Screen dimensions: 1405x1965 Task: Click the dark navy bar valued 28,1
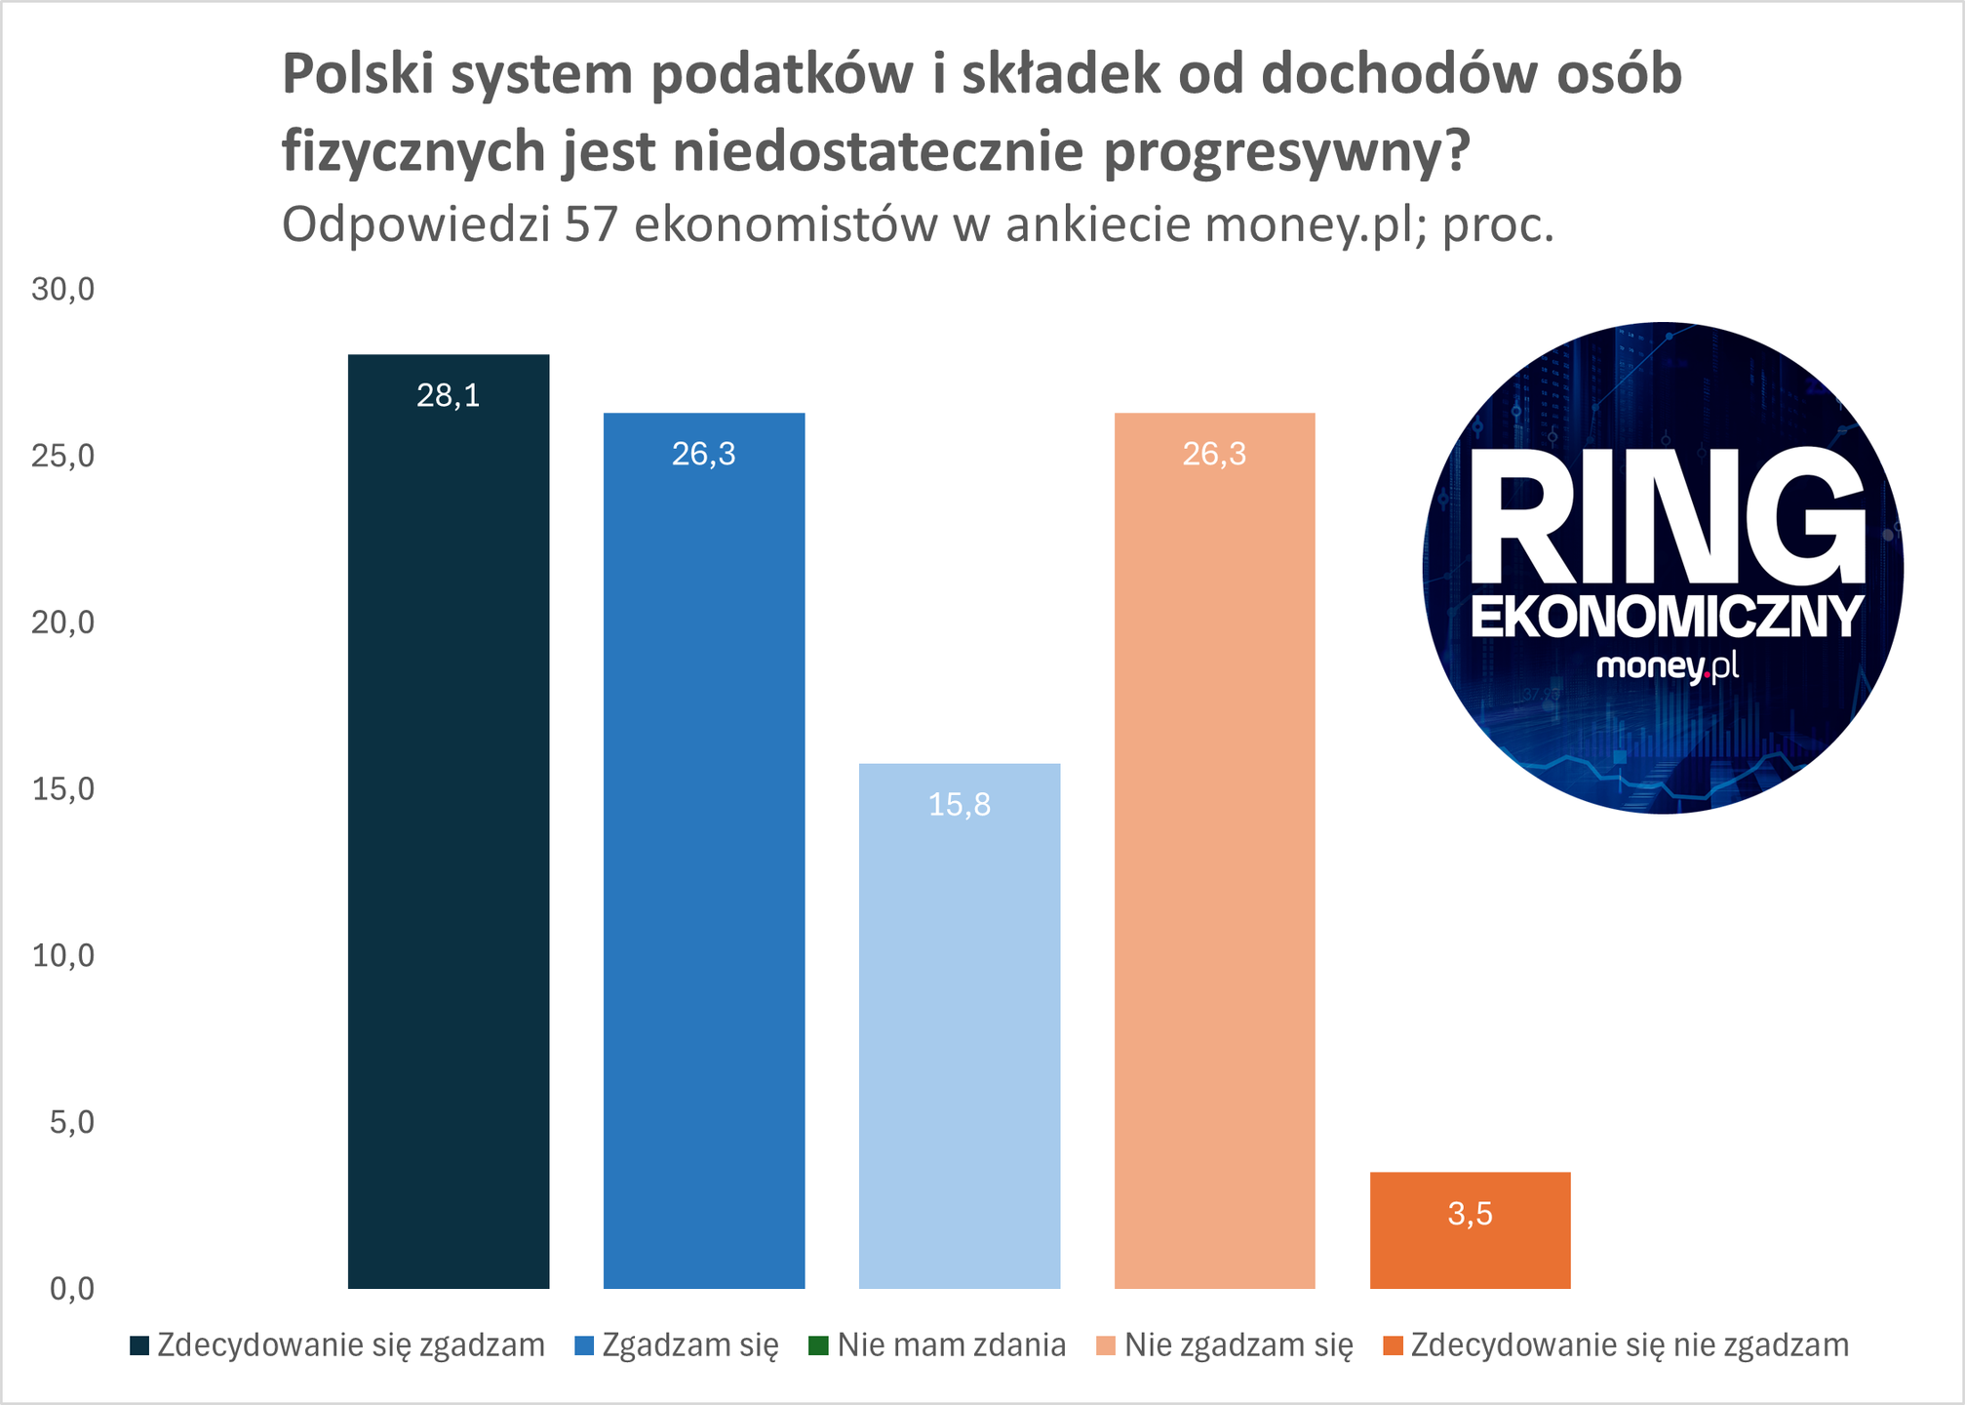tap(449, 829)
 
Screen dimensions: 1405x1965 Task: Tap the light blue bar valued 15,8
tap(960, 1034)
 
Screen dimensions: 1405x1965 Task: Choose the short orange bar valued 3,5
tap(1470, 1249)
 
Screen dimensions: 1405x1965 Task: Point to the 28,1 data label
tap(449, 395)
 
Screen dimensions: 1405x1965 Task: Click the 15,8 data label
tap(960, 805)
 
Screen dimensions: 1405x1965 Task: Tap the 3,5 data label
tap(1470, 1214)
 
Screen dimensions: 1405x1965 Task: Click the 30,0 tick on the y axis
tap(63, 289)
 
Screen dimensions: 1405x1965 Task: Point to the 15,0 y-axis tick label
tap(63, 788)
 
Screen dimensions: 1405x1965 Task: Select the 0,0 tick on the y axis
tap(71, 1289)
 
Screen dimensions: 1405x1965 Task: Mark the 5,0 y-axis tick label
tap(71, 1122)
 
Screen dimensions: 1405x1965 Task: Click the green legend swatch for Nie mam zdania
tap(818, 1346)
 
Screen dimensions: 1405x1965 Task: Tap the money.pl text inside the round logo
tap(1667, 666)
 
